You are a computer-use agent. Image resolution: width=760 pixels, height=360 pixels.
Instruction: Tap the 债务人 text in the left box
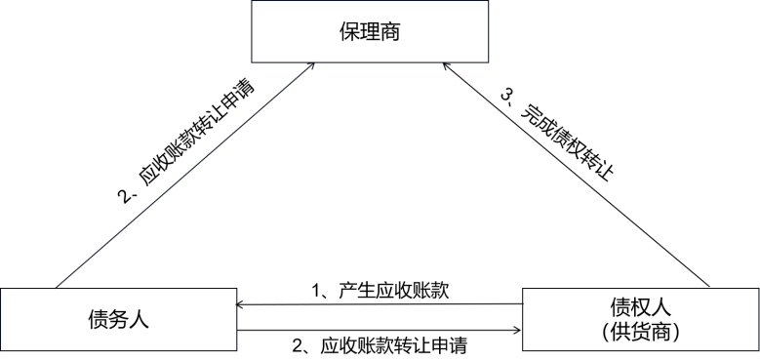coord(117,319)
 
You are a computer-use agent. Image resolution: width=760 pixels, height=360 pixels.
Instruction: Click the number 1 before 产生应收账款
coord(316,290)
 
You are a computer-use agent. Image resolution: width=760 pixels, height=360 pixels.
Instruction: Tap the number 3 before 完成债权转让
coord(506,96)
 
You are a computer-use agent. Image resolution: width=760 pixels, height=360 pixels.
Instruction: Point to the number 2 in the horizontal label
coord(300,344)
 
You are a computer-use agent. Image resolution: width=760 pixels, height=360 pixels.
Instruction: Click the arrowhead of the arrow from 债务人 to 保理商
coord(311,65)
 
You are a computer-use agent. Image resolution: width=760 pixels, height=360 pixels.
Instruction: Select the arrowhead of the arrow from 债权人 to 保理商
coord(448,65)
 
